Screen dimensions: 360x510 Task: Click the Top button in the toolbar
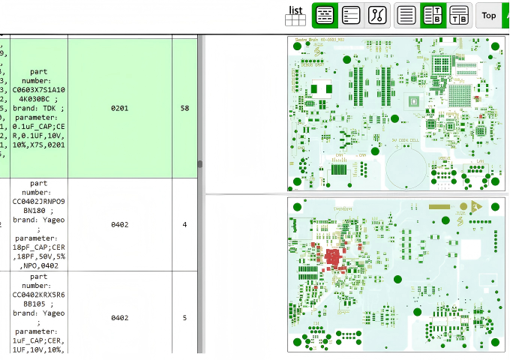[x=489, y=15]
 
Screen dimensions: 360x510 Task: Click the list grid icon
[x=295, y=16]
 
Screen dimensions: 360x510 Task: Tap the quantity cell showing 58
[x=184, y=109]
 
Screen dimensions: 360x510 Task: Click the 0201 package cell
[x=119, y=109]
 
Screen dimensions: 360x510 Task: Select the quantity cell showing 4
[x=184, y=224]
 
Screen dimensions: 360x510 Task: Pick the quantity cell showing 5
[x=184, y=317]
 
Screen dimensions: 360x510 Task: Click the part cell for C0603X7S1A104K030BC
[x=39, y=109]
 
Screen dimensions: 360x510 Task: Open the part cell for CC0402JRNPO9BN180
[x=39, y=224]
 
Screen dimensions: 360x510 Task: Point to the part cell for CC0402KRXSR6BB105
[x=39, y=315]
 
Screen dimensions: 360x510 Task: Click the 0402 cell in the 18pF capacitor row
[x=119, y=224]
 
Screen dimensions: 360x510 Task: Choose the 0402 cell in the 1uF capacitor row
[x=119, y=317]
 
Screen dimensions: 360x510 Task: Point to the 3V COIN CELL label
[x=406, y=139]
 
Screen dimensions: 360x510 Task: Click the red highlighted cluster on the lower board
[x=331, y=259]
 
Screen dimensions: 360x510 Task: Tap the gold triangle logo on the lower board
[x=475, y=206]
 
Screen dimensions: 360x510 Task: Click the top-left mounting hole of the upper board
[x=297, y=46]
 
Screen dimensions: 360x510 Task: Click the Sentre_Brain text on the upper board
[x=307, y=40]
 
